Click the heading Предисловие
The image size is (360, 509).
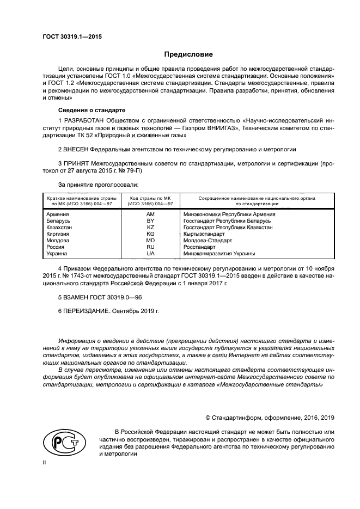point(188,54)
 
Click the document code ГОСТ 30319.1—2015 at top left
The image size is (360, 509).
point(72,37)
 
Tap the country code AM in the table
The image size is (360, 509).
point(150,214)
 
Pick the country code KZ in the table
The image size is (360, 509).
point(150,228)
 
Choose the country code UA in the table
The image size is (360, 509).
point(150,254)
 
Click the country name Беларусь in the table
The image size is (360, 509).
point(59,221)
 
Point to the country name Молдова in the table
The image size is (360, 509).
point(58,241)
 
